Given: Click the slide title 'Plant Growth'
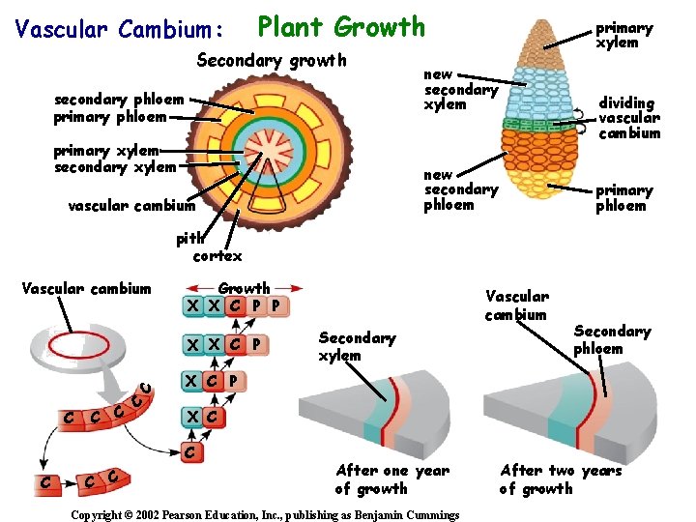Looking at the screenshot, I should pyautogui.click(x=341, y=26).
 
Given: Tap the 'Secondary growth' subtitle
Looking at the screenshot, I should pyautogui.click(x=271, y=61).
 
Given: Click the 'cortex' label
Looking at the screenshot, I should pyautogui.click(x=217, y=256).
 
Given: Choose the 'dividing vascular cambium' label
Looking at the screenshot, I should pyautogui.click(x=628, y=118).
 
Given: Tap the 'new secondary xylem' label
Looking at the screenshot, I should pyautogui.click(x=461, y=89).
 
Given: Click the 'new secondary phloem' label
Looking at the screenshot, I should pyautogui.click(x=461, y=189).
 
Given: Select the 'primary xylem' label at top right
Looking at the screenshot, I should pyautogui.click(x=623, y=35).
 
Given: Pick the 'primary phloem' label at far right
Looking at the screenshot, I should pyautogui.click(x=623, y=197).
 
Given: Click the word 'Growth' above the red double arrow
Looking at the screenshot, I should pyautogui.click(x=244, y=288).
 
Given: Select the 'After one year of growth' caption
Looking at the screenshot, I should pyautogui.click(x=392, y=479).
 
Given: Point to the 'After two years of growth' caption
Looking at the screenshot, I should pyautogui.click(x=561, y=479).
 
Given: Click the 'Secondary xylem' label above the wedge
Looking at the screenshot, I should pyautogui.click(x=357, y=346).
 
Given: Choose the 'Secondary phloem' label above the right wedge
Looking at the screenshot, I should pyautogui.click(x=612, y=339).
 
